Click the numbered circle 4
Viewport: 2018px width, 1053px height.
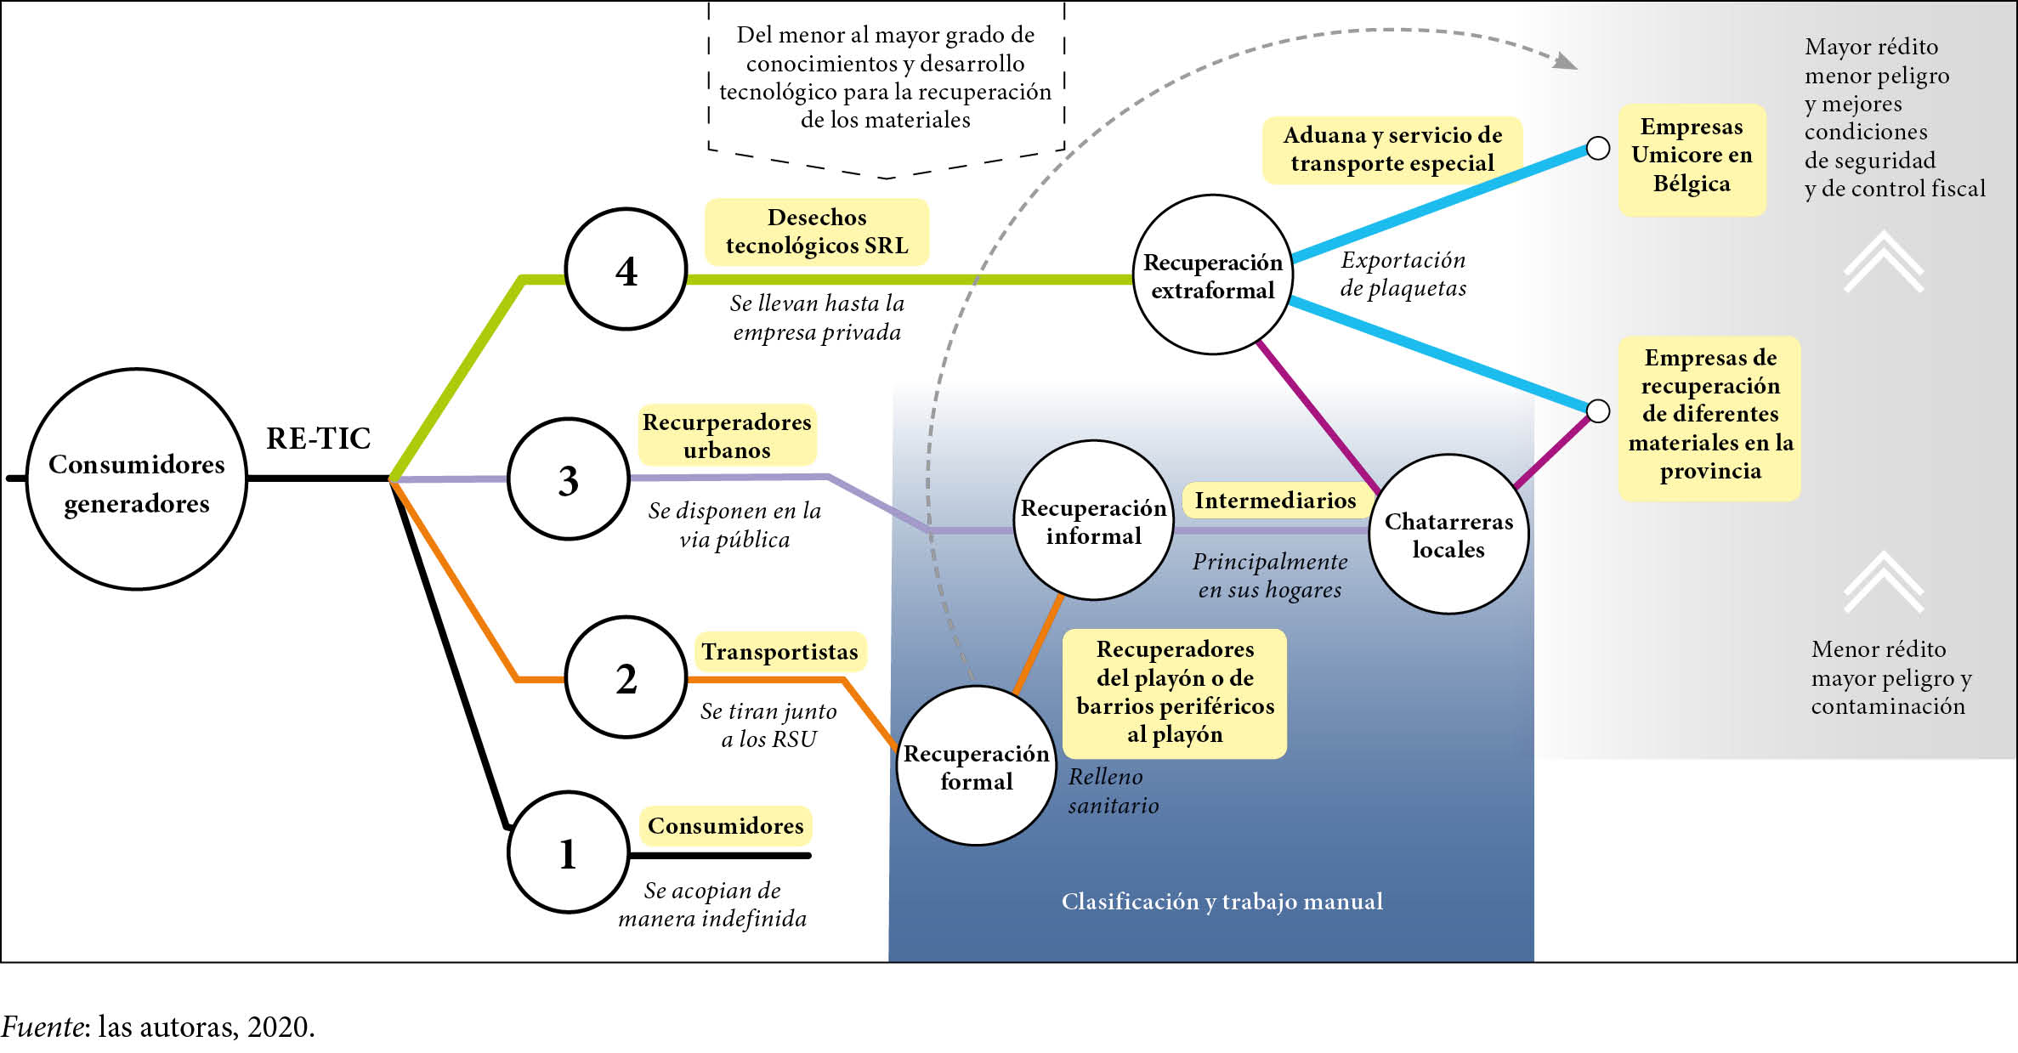(x=626, y=269)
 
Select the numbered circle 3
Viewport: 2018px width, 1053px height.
(x=569, y=479)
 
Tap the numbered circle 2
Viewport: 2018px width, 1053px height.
(x=626, y=678)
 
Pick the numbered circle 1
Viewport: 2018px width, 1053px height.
(x=569, y=852)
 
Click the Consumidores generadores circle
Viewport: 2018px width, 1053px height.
(x=137, y=479)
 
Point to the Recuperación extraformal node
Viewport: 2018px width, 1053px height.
(x=1213, y=275)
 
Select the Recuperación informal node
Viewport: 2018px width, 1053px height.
(x=1093, y=520)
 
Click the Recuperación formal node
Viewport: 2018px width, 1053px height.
(x=976, y=766)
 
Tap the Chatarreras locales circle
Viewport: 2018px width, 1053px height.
(x=1448, y=534)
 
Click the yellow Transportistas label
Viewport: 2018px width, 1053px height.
(x=779, y=652)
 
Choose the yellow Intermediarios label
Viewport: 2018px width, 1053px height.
(x=1275, y=500)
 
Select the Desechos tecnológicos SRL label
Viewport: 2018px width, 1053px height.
(x=817, y=231)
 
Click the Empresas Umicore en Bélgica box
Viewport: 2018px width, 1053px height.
(x=1692, y=156)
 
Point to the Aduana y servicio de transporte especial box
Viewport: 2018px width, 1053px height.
(x=1392, y=150)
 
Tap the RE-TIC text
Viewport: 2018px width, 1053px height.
(x=319, y=439)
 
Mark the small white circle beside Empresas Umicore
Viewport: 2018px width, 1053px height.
(x=1598, y=148)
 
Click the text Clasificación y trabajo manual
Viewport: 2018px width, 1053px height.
(x=1222, y=901)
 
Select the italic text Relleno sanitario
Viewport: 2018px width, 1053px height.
(x=1113, y=790)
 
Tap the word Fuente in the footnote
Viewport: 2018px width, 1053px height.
(x=43, y=1027)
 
